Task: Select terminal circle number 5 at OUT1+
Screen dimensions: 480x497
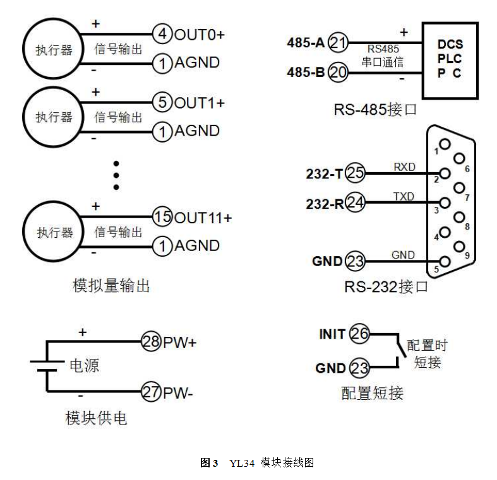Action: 163,103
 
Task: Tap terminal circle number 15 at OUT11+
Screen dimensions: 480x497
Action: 163,218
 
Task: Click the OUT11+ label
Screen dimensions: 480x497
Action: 203,218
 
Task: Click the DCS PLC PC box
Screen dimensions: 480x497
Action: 450,59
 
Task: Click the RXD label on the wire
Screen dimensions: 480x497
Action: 404,167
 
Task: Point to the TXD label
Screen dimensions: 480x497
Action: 404,196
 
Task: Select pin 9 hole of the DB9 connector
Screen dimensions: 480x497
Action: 459,246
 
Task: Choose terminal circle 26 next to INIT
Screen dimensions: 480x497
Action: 359,334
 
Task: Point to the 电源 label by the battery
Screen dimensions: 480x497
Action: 84,366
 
